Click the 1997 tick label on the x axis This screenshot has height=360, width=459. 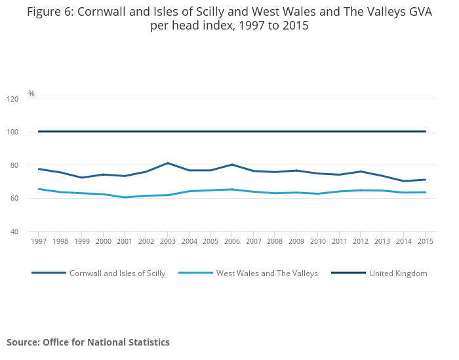[x=39, y=242]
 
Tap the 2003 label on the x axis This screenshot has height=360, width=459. [x=167, y=242]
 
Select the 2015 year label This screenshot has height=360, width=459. [x=425, y=242]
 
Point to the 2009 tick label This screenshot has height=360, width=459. [x=296, y=242]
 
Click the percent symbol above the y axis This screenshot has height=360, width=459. [x=31, y=94]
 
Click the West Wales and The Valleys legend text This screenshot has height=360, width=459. [x=267, y=273]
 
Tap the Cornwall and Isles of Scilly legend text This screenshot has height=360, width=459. [x=117, y=273]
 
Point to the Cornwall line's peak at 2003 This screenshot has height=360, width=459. [x=167, y=163]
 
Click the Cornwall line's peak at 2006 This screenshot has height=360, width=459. [x=231, y=165]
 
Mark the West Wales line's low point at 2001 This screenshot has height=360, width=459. [x=125, y=197]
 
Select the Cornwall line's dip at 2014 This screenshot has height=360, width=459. [x=403, y=181]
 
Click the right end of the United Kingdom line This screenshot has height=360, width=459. [x=425, y=132]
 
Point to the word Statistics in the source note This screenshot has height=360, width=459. [x=148, y=342]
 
